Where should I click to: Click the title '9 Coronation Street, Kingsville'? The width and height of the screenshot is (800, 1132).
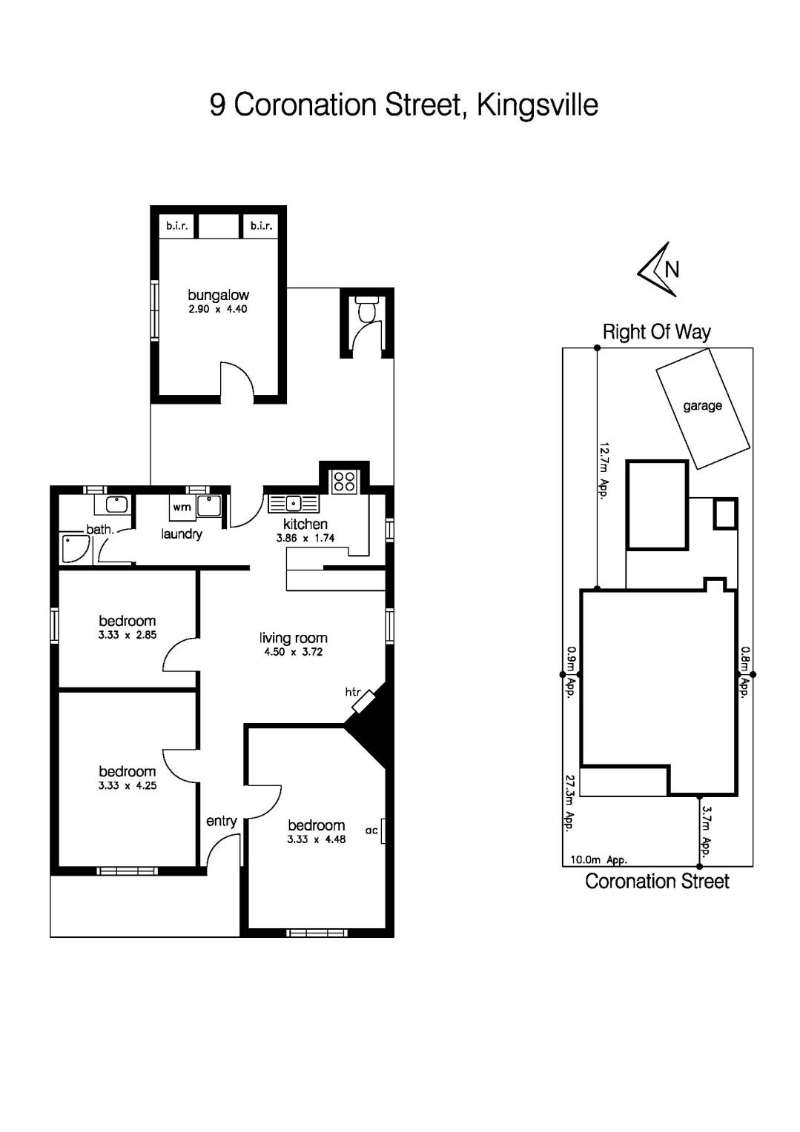pos(403,105)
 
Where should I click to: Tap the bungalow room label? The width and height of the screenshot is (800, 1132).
pos(218,295)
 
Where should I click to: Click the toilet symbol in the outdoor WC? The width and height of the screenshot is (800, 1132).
pos(366,310)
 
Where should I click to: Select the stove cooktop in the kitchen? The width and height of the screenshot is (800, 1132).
pos(344,482)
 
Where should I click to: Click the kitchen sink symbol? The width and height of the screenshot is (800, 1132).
pos(294,504)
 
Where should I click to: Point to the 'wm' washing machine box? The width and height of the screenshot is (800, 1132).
pos(182,507)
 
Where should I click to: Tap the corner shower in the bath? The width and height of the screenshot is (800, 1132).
pos(75,549)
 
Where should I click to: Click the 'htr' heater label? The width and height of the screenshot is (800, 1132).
pos(353,692)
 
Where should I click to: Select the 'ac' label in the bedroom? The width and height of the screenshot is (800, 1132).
pos(371,830)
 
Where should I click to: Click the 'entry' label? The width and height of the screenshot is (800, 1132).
pos(221,821)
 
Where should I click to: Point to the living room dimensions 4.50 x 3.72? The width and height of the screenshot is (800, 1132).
pos(294,653)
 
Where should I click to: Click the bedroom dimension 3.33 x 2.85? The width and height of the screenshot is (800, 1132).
pos(128,635)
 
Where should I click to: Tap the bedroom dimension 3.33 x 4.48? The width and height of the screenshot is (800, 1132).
pos(317,839)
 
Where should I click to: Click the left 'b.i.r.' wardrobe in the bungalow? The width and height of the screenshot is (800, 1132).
pos(176,226)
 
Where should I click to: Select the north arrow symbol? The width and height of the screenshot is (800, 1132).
pos(658,270)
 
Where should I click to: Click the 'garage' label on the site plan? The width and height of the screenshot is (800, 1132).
pos(702,406)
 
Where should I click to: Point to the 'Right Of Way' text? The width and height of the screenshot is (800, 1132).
pos(656,332)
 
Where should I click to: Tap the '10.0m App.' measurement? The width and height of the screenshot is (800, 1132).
pos(598,860)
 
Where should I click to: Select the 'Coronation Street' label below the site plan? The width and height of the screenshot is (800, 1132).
pos(657,882)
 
